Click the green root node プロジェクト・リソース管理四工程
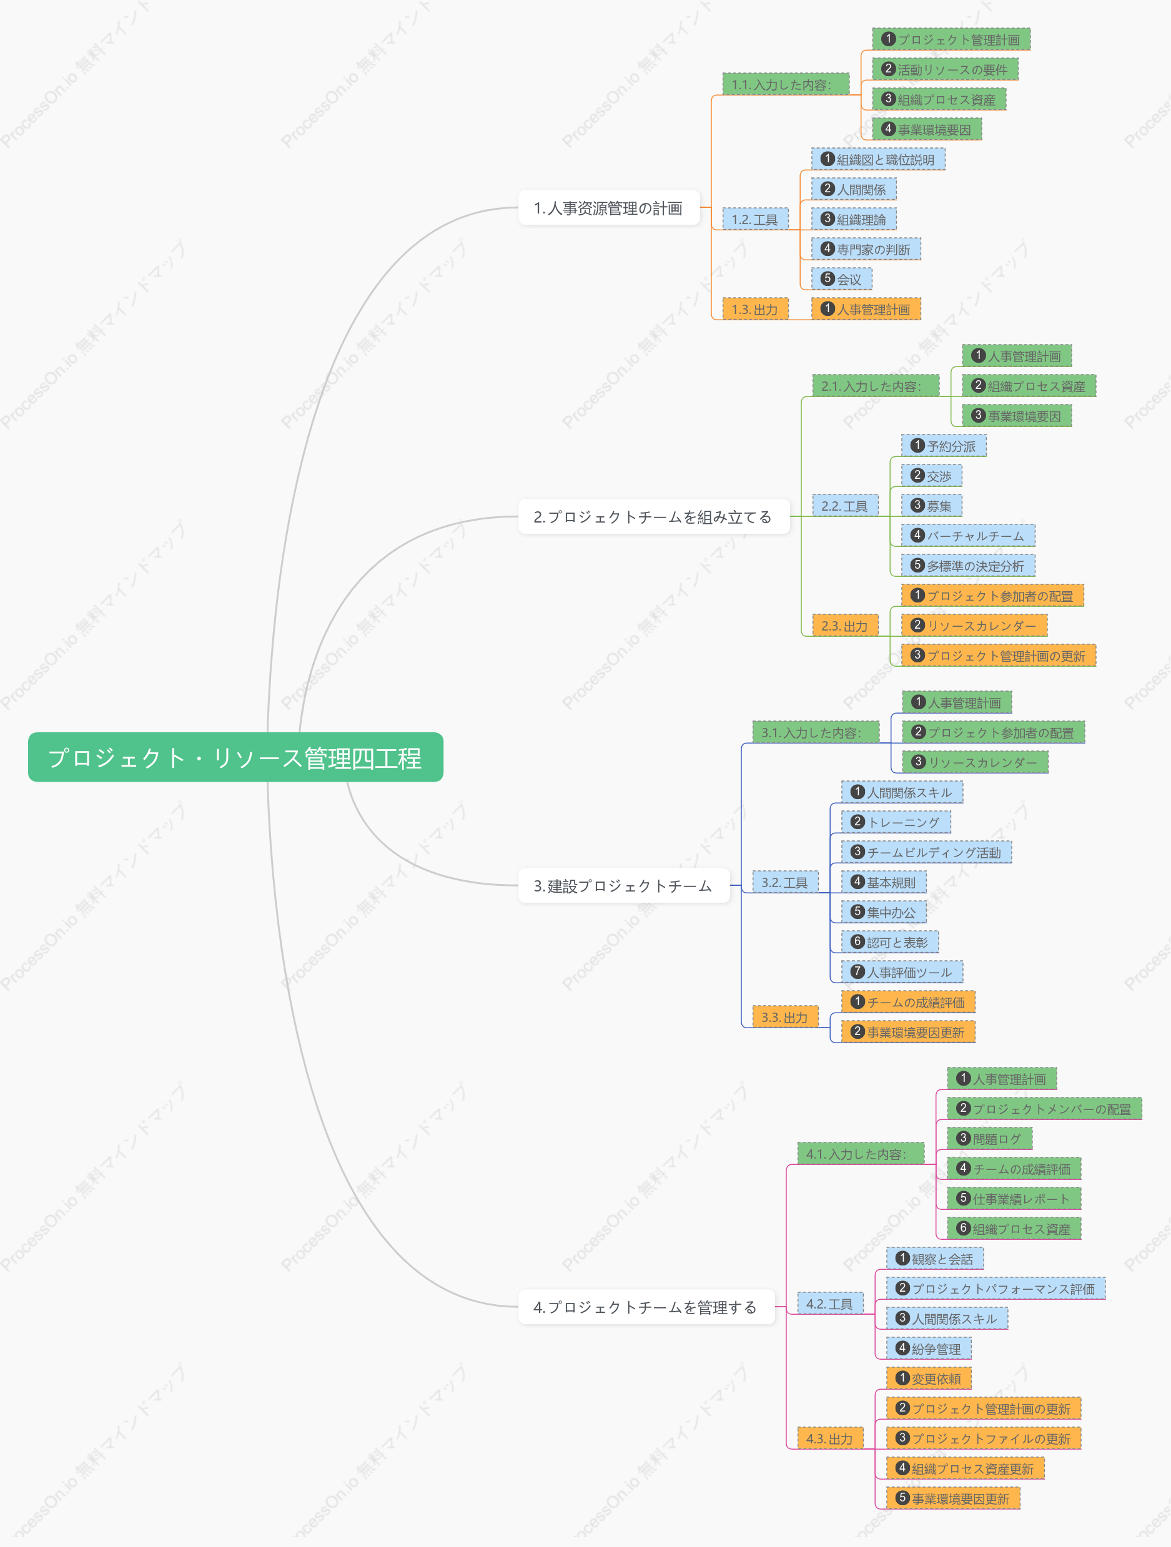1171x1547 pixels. [x=235, y=757]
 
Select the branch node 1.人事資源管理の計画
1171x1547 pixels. [x=608, y=208]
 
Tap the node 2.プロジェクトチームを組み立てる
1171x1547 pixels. [x=653, y=517]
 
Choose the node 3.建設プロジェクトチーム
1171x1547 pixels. [x=623, y=886]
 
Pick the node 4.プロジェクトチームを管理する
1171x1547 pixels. [x=646, y=1307]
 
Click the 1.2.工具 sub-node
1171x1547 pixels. [x=756, y=219]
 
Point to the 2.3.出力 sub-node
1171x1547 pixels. [x=845, y=626]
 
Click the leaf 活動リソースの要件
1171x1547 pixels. [x=945, y=69]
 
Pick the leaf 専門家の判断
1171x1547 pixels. [x=866, y=249]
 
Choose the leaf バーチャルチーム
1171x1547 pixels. [x=968, y=536]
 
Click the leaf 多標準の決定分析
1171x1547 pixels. [x=968, y=566]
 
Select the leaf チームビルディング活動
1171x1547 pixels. [x=926, y=852]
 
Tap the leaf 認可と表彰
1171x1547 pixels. [x=890, y=942]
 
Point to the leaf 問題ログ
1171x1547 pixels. [x=990, y=1139]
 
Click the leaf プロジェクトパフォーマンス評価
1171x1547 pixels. [x=996, y=1289]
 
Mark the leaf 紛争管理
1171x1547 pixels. [x=929, y=1348]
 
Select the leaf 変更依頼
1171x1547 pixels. [x=929, y=1378]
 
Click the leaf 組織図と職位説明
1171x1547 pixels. [x=878, y=159]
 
